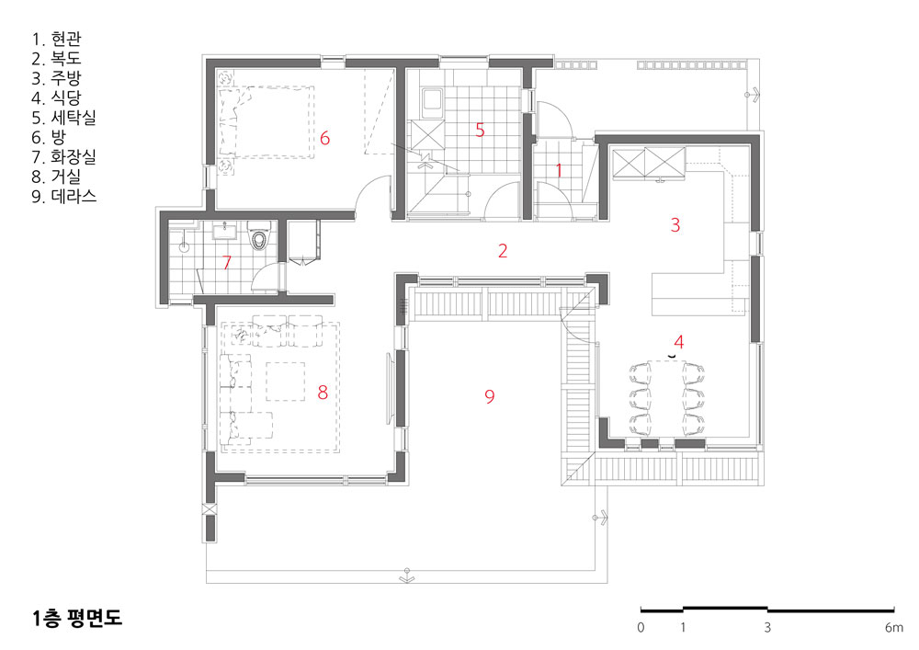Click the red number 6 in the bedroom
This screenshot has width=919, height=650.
tap(324, 138)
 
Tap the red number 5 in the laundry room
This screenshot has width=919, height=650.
tap(480, 131)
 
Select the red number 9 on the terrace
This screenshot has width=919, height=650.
tap(490, 397)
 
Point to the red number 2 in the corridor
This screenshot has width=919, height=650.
tap(503, 251)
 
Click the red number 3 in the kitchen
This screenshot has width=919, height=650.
tap(675, 224)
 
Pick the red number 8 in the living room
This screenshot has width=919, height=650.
tap(323, 392)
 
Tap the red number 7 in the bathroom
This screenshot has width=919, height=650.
tap(227, 262)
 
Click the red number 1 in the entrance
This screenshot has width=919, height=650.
tap(559, 170)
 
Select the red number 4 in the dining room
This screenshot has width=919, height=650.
tap(679, 341)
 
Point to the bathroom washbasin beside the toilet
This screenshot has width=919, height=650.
tap(225, 231)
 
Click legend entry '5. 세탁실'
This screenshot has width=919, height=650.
tap(64, 118)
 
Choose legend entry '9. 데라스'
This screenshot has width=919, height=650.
tap(64, 197)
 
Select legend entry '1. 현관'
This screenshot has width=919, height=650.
tap(56, 40)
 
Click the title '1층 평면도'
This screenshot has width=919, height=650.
tap(77, 619)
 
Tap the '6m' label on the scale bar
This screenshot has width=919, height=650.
tap(894, 628)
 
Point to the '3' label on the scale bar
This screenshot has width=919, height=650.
tap(767, 628)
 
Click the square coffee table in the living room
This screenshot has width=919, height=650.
tap(286, 381)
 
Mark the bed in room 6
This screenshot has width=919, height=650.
tap(266, 122)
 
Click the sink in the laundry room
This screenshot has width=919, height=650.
tap(433, 102)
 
